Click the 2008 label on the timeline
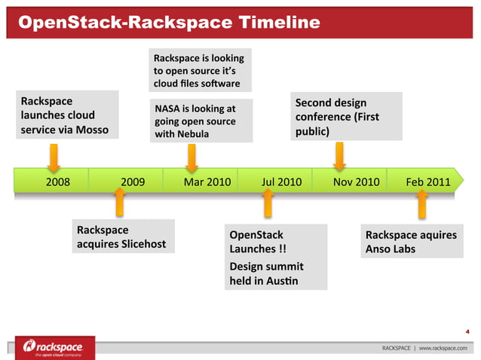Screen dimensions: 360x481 (58, 182)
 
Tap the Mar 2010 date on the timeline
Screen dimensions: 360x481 (207, 182)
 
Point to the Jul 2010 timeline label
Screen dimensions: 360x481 (281, 182)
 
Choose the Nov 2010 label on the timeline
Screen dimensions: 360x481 (356, 182)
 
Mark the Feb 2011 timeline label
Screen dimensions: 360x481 (428, 182)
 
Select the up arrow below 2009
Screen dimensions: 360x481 (119, 202)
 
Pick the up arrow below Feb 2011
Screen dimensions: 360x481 (422, 202)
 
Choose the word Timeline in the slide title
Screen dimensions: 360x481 (278, 23)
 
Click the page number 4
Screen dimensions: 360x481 (468, 330)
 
